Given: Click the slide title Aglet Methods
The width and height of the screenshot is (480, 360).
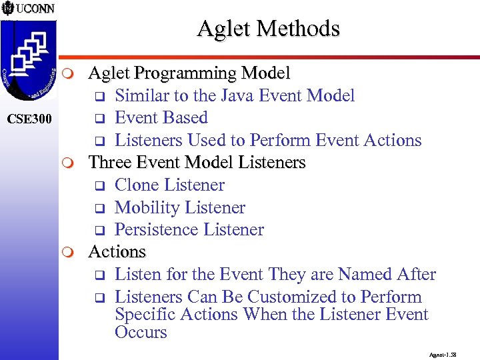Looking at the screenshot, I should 268,29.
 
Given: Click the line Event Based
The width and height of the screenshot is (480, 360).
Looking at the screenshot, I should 161,118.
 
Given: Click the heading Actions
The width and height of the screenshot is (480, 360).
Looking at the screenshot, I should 117,252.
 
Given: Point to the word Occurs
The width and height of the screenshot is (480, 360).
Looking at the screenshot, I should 141,332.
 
